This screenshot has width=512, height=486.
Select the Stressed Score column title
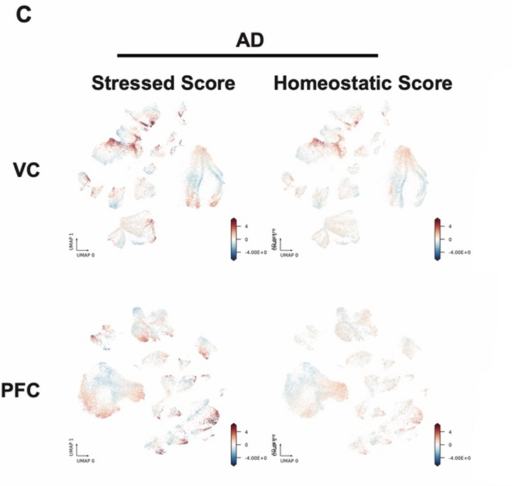162,84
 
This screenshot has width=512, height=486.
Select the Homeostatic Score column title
363,84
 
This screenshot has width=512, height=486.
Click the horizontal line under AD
247,55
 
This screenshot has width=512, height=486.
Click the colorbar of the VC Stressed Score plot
234,239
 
